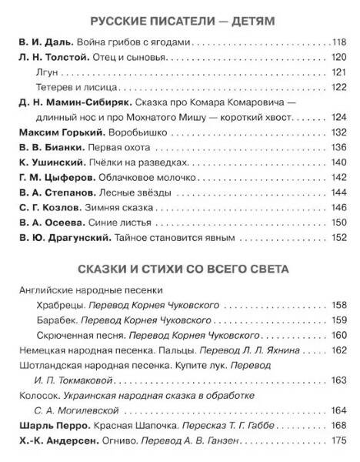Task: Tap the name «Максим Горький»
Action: click(x=51, y=133)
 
